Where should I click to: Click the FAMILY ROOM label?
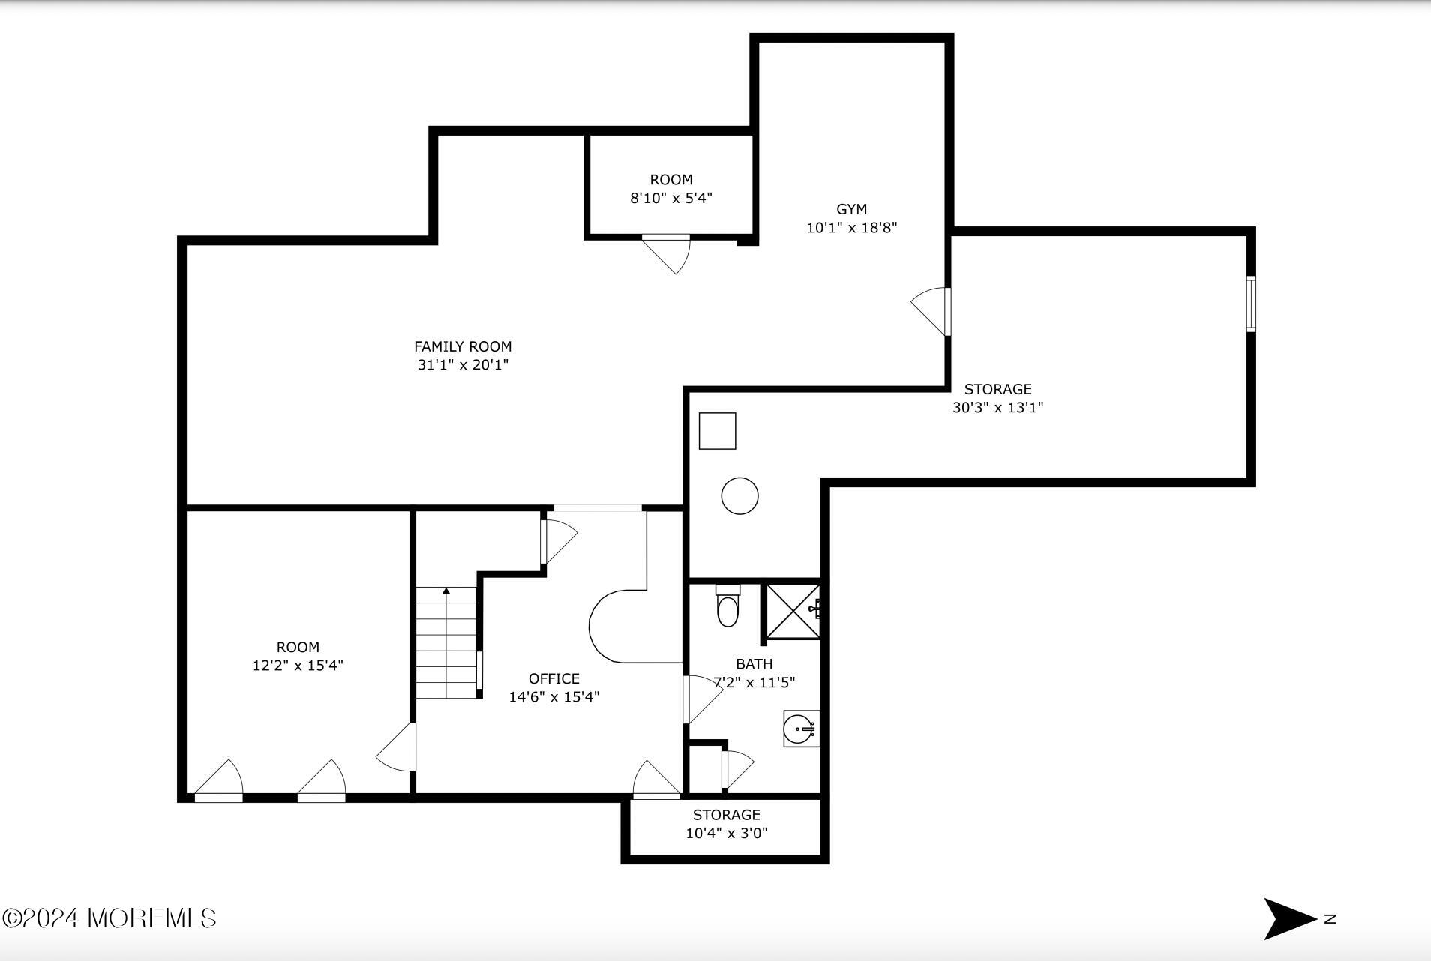[x=463, y=346]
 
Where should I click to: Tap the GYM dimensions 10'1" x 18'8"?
[x=851, y=228]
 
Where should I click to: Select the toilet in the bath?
[x=727, y=606]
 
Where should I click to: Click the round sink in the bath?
[x=800, y=729]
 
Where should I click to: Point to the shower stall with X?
[x=792, y=612]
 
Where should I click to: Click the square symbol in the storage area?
[x=717, y=431]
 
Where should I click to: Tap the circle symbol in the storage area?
[x=739, y=496]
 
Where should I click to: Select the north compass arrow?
[x=1288, y=918]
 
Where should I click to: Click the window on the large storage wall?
[x=1251, y=304]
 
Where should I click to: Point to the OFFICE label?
[x=553, y=678]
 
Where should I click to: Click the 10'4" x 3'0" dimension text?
[x=726, y=833]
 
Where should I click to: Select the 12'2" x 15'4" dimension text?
[x=298, y=666]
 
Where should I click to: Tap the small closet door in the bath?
[x=736, y=769]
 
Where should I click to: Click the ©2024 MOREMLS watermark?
[x=109, y=918]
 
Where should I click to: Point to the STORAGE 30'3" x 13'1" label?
[x=997, y=398]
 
